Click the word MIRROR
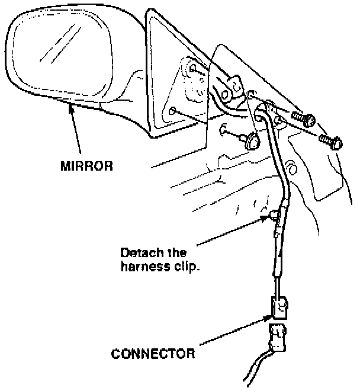(86, 166)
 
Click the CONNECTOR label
(153, 354)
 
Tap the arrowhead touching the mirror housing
(70, 107)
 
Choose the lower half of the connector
(278, 339)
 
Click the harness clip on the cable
(274, 215)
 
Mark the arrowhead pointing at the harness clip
(265, 219)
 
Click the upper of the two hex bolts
(304, 119)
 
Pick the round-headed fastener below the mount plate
(252, 141)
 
